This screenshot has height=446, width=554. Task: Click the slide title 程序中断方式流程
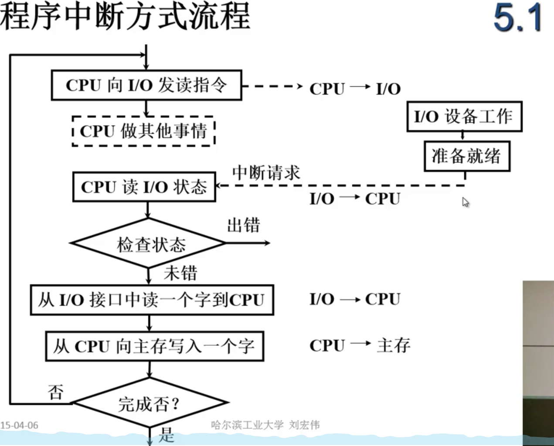[125, 17]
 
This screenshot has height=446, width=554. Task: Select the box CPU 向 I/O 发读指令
[146, 85]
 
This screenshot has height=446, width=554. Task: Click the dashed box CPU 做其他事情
[143, 131]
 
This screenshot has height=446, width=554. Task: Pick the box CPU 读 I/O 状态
[144, 187]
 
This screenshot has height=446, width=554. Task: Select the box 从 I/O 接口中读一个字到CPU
[152, 300]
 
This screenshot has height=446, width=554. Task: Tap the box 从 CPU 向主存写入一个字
[154, 347]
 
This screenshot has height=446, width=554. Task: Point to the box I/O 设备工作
[464, 117]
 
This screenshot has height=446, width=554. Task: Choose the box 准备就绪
[466, 156]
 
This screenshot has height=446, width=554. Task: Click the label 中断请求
[266, 172]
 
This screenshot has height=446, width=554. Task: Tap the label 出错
[243, 226]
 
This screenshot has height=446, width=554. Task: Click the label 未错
[180, 274]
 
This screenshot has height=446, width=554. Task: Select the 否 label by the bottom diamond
[56, 392]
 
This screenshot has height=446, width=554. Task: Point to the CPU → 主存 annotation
[360, 345]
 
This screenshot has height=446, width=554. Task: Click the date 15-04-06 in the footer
[20, 425]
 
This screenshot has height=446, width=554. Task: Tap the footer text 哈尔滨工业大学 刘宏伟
[265, 425]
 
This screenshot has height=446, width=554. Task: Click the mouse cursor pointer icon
[466, 202]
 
